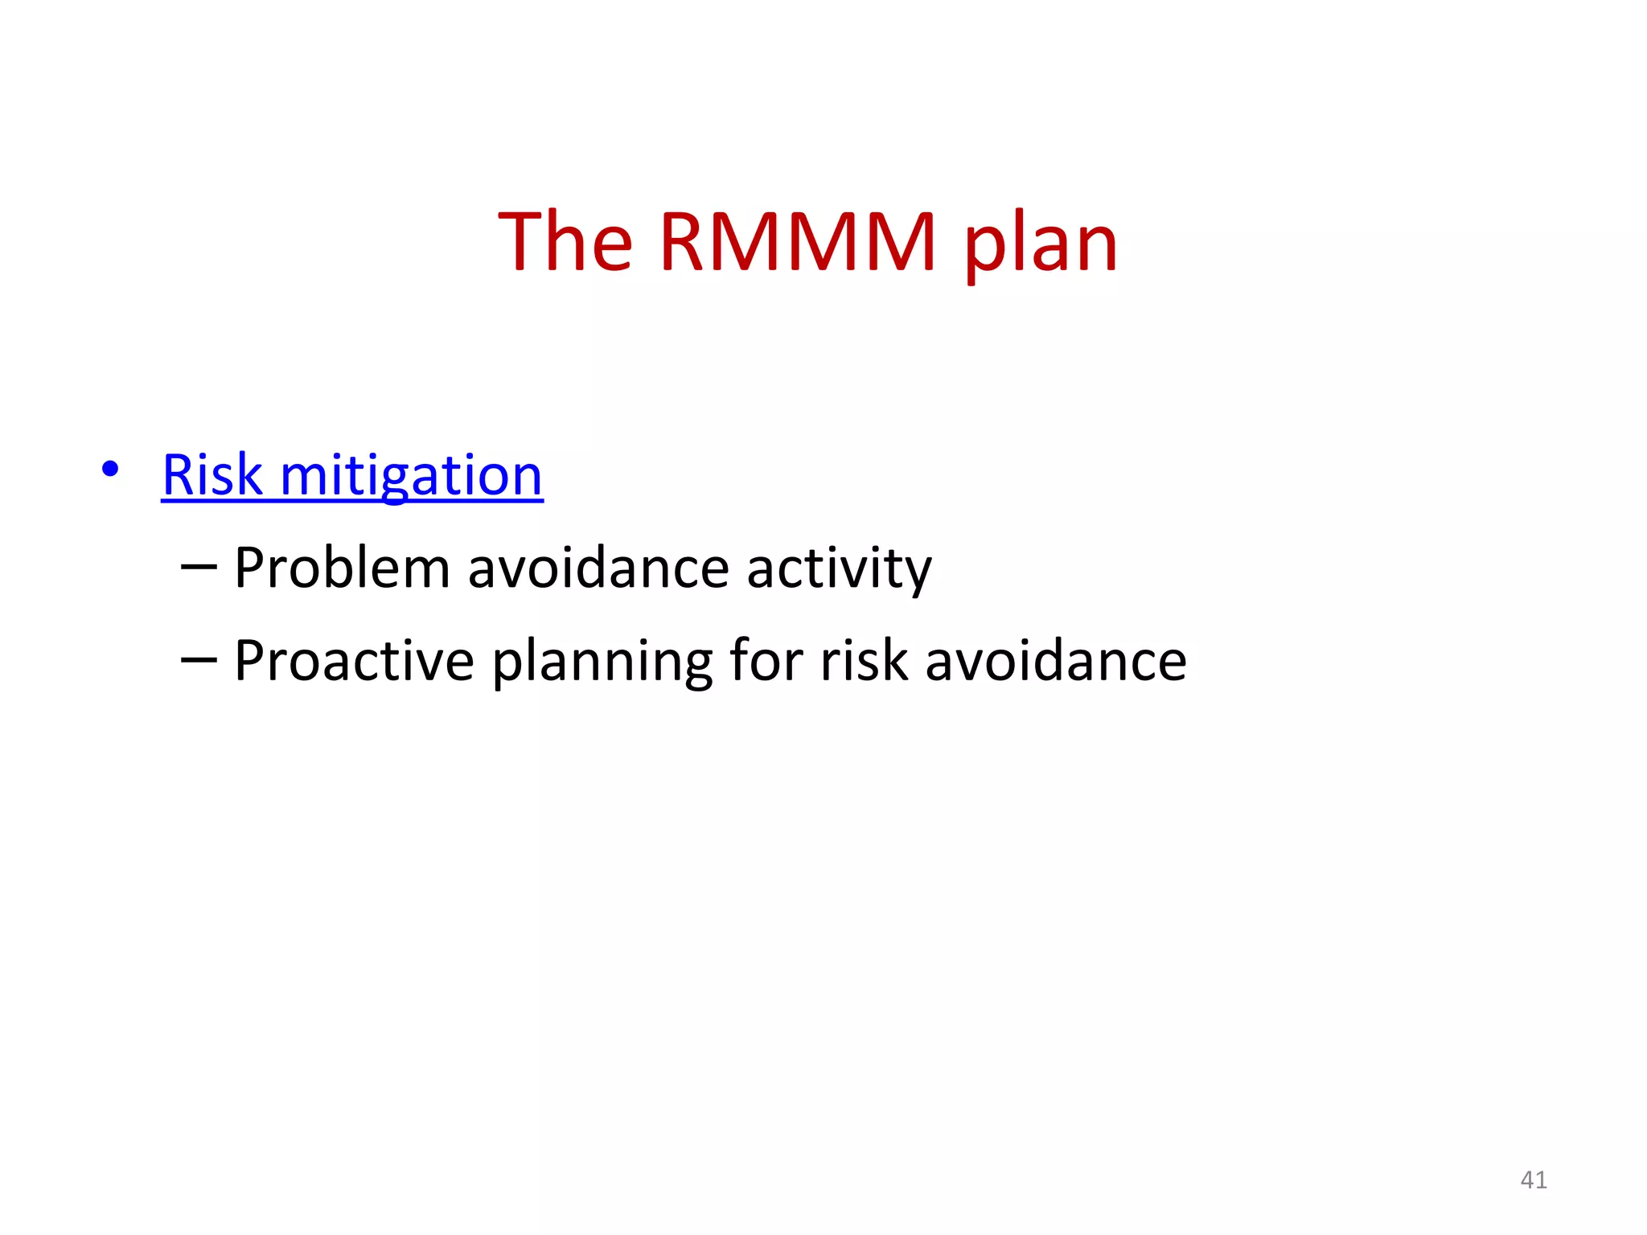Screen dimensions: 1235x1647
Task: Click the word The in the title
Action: (565, 241)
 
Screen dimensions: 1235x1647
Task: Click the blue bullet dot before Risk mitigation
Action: (111, 469)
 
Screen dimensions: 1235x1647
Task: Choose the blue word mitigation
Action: (411, 476)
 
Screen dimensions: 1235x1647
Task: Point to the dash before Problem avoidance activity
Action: (199, 568)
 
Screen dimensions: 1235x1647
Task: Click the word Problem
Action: (342, 568)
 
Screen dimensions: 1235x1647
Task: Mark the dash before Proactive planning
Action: (199, 660)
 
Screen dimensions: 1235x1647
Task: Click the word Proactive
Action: (354, 660)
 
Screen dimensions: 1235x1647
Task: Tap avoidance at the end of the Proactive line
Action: (1056, 660)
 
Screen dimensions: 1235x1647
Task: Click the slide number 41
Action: (1534, 1180)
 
